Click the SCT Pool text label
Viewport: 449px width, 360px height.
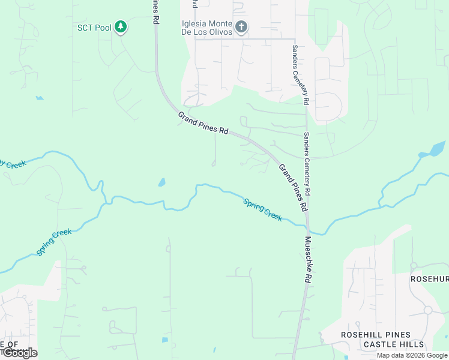[x=94, y=27]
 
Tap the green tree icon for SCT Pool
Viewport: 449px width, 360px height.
[x=121, y=26]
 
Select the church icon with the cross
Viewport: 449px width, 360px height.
[x=241, y=26]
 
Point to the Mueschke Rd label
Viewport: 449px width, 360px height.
[x=308, y=260]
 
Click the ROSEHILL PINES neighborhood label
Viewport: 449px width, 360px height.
[x=376, y=335]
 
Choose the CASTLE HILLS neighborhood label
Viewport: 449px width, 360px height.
[x=394, y=344]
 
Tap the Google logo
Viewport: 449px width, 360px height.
[x=19, y=353]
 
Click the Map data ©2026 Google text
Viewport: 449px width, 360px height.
[x=412, y=355]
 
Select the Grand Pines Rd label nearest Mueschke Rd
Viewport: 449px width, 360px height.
[x=294, y=187]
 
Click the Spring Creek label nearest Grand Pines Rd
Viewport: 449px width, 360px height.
[x=263, y=209]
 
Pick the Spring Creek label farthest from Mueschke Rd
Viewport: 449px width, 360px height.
[x=54, y=242]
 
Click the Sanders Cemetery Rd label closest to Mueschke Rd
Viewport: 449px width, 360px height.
[x=307, y=164]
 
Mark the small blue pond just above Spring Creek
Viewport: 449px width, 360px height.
[x=161, y=182]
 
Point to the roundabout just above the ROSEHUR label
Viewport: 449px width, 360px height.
[x=414, y=265]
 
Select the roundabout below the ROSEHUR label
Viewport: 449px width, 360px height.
[x=427, y=310]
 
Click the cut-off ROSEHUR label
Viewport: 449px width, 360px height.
[x=429, y=279]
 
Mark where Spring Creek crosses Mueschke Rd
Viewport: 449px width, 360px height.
[x=309, y=227]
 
